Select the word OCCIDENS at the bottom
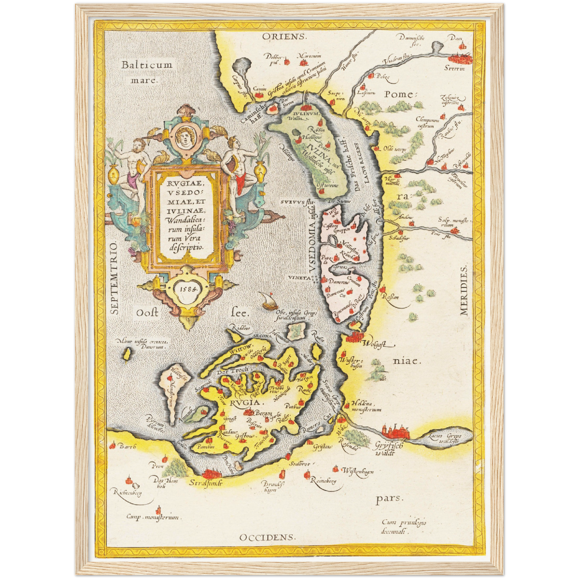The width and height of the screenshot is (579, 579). click(x=267, y=537)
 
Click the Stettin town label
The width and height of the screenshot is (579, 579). click(x=454, y=69)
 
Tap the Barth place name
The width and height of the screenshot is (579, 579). click(x=128, y=447)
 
